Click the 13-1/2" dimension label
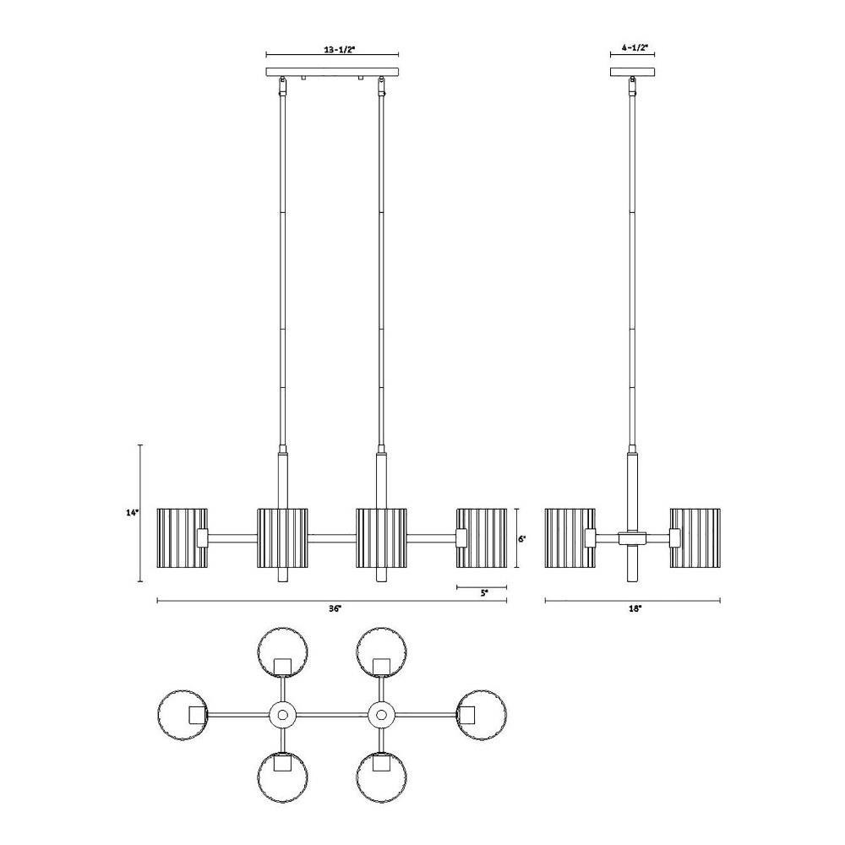(x=341, y=49)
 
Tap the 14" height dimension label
(x=133, y=513)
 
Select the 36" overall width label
(x=335, y=608)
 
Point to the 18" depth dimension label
(x=636, y=608)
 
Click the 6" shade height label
(x=522, y=538)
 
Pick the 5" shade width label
(x=484, y=593)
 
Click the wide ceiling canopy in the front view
(x=332, y=72)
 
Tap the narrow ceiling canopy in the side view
(x=633, y=72)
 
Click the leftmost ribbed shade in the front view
(x=183, y=537)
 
